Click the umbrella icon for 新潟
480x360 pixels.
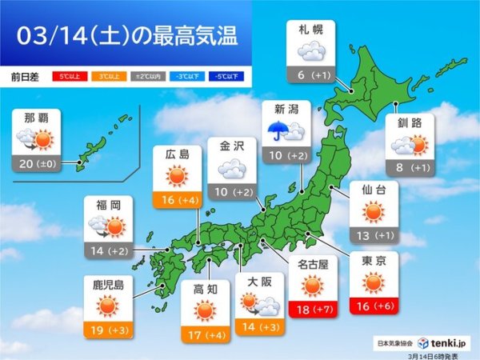pos(278,131)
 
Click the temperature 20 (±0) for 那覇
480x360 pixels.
pos(37,162)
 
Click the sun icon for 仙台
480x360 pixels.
pos(374,211)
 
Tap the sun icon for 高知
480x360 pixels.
pos(206,310)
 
